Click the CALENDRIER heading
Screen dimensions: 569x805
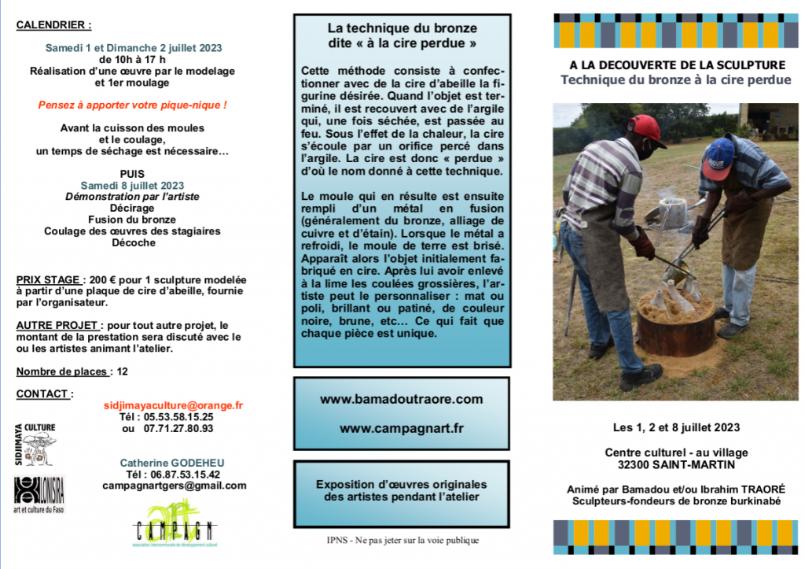[54, 25]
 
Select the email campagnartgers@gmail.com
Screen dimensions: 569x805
[174, 486]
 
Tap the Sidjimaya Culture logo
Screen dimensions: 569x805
[35, 445]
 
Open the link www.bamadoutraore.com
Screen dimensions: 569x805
[401, 399]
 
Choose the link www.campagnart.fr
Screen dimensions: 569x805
[401, 428]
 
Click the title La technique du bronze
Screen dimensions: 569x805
[402, 28]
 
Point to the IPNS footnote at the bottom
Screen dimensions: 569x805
[402, 540]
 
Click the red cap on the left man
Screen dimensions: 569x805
[645, 128]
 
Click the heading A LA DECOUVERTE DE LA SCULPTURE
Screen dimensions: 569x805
[677, 65]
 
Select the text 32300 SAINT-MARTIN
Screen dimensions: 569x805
[676, 464]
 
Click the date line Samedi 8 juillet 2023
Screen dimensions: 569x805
[132, 186]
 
